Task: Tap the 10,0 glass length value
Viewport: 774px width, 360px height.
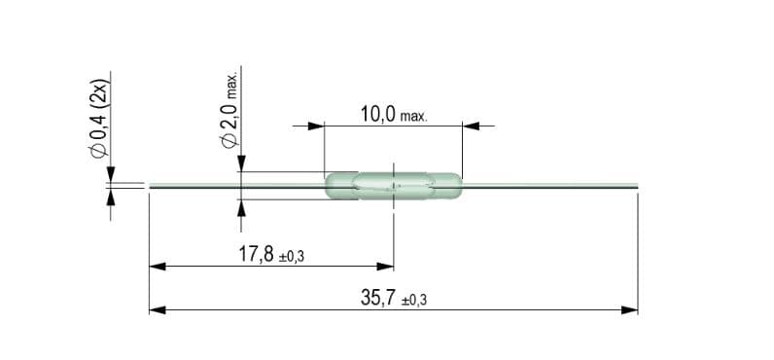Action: [x=377, y=115]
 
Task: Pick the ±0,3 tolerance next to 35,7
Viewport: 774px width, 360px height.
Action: [x=414, y=301]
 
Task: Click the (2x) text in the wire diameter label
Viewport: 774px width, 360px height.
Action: [x=98, y=93]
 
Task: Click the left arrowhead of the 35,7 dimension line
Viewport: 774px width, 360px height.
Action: [x=156, y=310]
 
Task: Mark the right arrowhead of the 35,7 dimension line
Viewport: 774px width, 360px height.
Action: [x=630, y=310]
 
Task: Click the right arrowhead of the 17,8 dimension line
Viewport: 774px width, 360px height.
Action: [x=386, y=266]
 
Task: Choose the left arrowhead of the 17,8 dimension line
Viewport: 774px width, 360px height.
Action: [x=156, y=266]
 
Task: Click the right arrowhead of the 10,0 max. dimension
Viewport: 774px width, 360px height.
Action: [x=471, y=126]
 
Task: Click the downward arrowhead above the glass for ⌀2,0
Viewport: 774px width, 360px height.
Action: [x=239, y=165]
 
